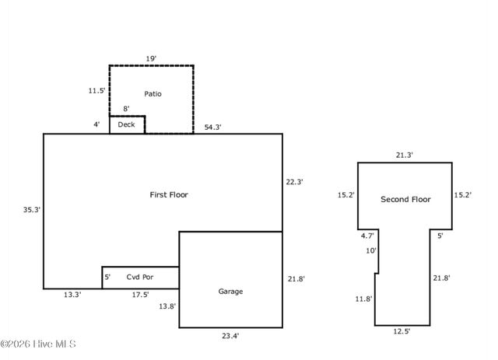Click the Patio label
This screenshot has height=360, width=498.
(x=153, y=93)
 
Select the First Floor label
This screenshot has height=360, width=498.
(x=169, y=194)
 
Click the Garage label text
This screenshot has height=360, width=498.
(x=230, y=292)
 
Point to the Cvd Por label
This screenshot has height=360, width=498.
(x=140, y=277)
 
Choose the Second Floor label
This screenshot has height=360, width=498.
(x=405, y=199)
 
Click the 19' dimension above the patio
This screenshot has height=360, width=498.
(x=151, y=59)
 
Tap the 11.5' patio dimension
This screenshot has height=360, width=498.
(x=96, y=91)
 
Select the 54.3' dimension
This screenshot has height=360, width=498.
(x=212, y=128)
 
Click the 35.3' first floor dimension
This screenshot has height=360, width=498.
(x=32, y=210)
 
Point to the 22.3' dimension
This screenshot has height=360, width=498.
(x=294, y=182)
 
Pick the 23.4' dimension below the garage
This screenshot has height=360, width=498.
(x=230, y=336)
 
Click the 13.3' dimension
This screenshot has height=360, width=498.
(x=72, y=295)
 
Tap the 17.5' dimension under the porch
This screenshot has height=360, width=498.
(x=140, y=295)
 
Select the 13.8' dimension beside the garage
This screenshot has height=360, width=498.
(x=167, y=306)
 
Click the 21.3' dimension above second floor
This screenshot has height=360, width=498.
(x=405, y=156)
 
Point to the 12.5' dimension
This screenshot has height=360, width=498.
(x=402, y=331)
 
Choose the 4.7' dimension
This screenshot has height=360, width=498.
(x=367, y=236)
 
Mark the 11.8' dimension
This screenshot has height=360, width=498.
(x=363, y=299)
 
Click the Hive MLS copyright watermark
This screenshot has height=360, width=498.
(x=38, y=344)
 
